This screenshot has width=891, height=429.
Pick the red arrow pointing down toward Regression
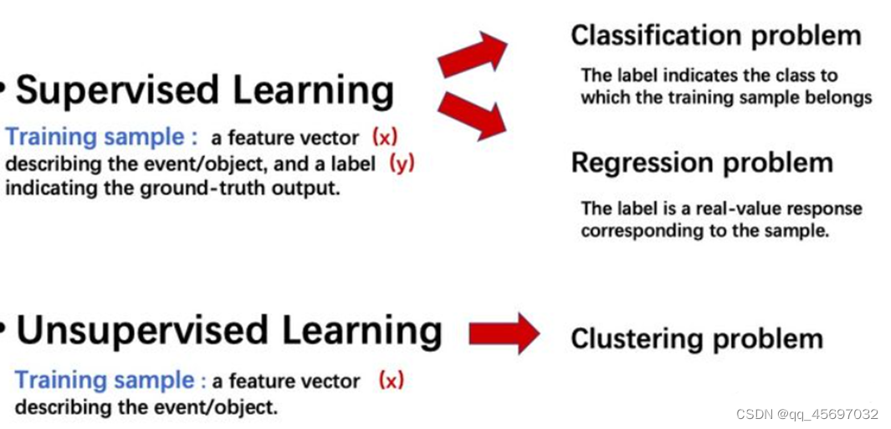point(474,116)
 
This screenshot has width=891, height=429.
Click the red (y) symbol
point(402,163)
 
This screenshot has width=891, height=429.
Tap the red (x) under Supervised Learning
point(385,137)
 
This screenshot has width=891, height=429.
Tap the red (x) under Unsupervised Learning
point(391,380)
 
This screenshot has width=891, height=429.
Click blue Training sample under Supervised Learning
point(95,137)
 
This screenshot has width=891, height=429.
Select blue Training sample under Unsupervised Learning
point(105,380)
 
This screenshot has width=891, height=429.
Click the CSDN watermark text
point(807,414)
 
